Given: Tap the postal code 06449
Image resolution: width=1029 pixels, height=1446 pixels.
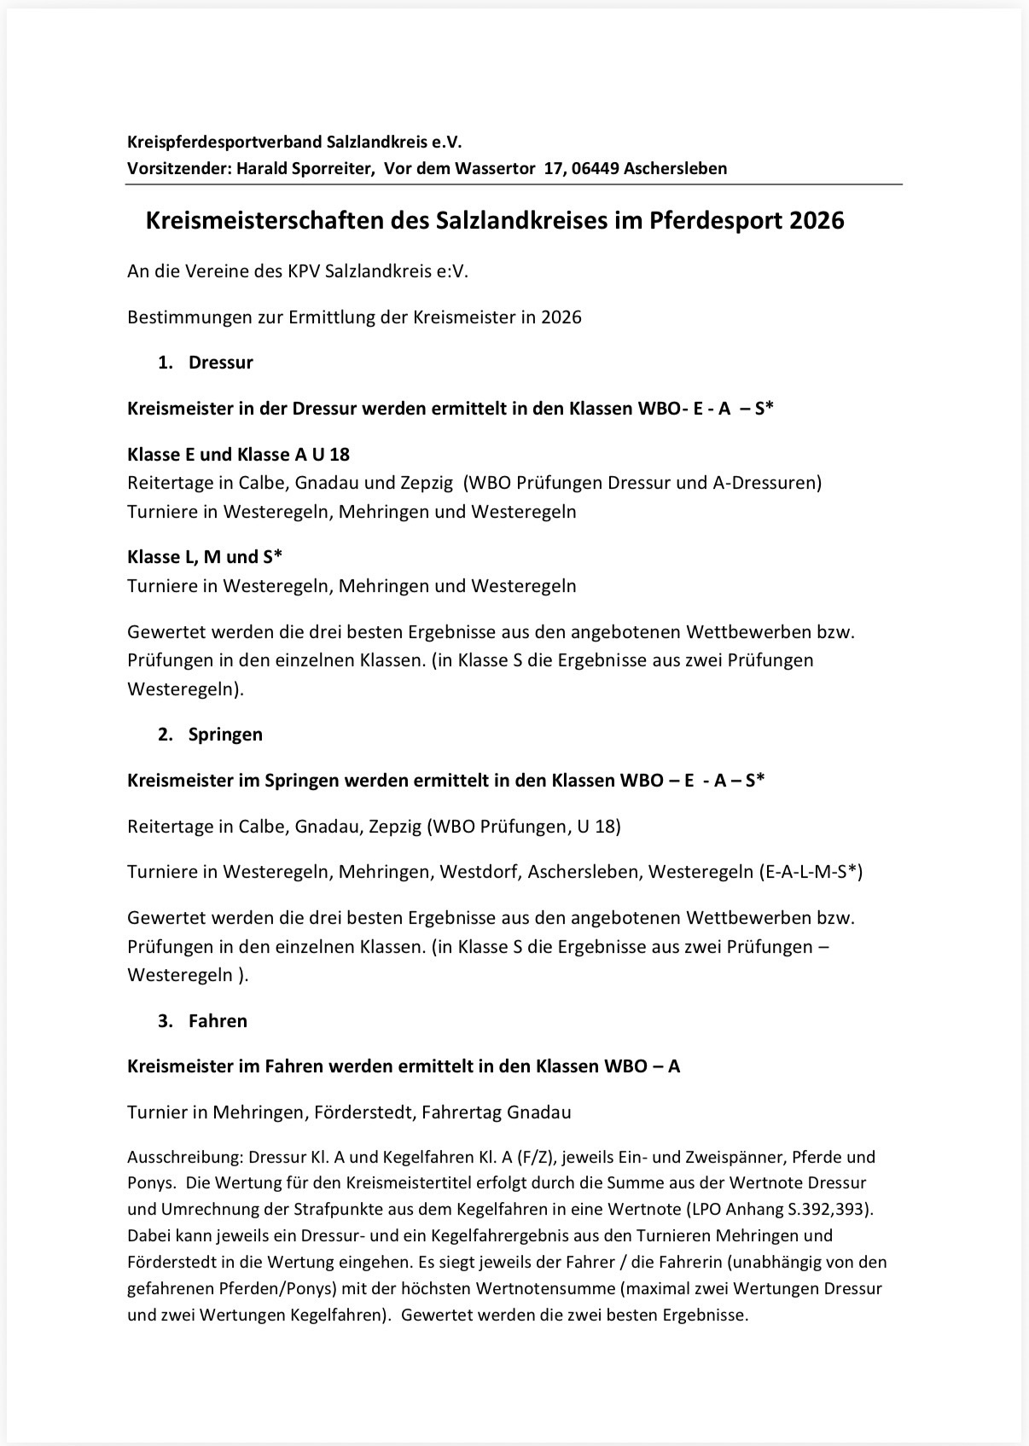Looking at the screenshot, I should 595,168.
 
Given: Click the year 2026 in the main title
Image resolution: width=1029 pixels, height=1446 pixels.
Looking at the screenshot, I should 817,221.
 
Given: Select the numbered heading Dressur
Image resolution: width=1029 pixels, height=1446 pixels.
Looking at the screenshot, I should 220,363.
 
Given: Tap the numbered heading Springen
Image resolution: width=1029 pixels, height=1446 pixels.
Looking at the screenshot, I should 225,735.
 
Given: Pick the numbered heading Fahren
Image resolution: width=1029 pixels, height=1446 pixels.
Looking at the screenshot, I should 218,1021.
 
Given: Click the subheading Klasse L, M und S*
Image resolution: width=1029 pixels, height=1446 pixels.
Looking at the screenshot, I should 205,557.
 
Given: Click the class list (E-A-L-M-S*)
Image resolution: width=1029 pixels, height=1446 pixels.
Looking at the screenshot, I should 810,872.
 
